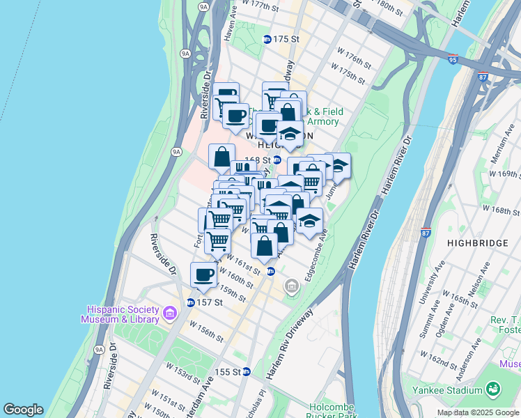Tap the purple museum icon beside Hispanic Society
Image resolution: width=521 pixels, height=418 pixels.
[169, 314]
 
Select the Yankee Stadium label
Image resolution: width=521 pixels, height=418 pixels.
[456, 389]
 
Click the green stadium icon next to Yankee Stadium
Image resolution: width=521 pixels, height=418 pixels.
[493, 389]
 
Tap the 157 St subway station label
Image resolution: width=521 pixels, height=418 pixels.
[208, 302]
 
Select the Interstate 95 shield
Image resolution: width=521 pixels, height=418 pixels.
[453, 59]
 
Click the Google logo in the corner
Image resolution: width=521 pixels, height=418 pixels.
[24, 410]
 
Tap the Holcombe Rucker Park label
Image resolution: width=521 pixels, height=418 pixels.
[332, 412]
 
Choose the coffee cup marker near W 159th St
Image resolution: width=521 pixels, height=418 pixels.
[203, 274]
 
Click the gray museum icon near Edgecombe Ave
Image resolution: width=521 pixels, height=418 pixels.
[292, 286]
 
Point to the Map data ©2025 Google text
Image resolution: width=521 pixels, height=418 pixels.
[478, 412]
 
